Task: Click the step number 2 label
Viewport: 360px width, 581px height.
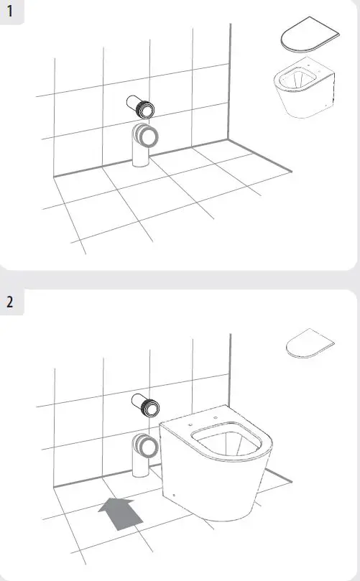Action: (9, 300)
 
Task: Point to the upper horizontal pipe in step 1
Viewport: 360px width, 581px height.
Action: (139, 107)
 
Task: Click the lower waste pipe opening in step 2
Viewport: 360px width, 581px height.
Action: (149, 446)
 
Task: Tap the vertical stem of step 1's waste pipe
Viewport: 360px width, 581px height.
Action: (139, 154)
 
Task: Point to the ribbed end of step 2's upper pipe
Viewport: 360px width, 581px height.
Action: (150, 407)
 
